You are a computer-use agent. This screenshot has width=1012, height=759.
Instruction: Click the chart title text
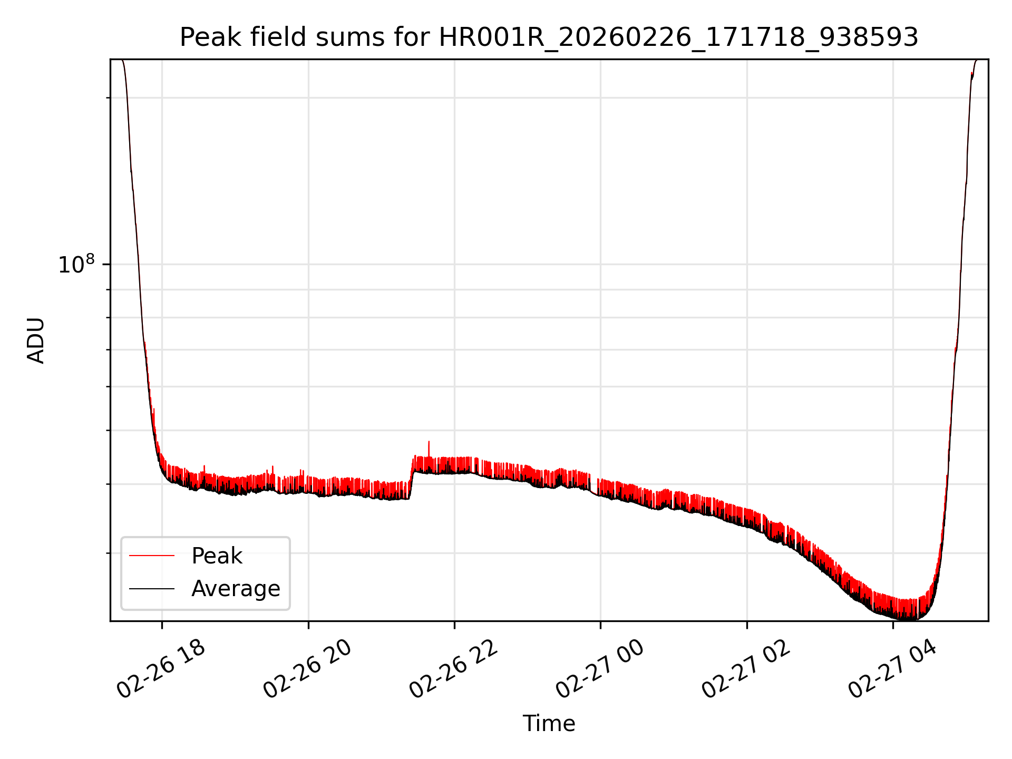point(549,37)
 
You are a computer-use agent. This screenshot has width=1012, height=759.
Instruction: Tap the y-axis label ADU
point(36,340)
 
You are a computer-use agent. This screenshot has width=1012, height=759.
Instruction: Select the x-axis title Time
point(549,723)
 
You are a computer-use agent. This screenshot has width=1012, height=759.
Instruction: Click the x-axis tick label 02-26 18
point(161,669)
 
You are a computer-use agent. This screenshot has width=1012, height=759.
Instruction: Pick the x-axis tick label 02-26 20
point(307,669)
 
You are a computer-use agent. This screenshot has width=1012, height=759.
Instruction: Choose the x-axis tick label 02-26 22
point(454,669)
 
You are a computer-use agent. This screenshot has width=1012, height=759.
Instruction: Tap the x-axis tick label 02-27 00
point(600,669)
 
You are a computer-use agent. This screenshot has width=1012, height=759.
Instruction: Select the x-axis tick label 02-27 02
point(746,669)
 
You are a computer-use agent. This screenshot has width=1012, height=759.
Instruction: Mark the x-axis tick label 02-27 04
point(892,669)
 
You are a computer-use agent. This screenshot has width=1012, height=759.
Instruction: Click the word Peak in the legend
point(217,556)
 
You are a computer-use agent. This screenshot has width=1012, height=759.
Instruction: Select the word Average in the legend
point(236,588)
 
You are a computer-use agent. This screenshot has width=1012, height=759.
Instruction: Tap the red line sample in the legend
point(152,556)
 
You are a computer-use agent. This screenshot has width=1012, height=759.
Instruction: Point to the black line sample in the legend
point(152,588)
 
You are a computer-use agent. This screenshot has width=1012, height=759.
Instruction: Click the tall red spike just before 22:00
point(429,444)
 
